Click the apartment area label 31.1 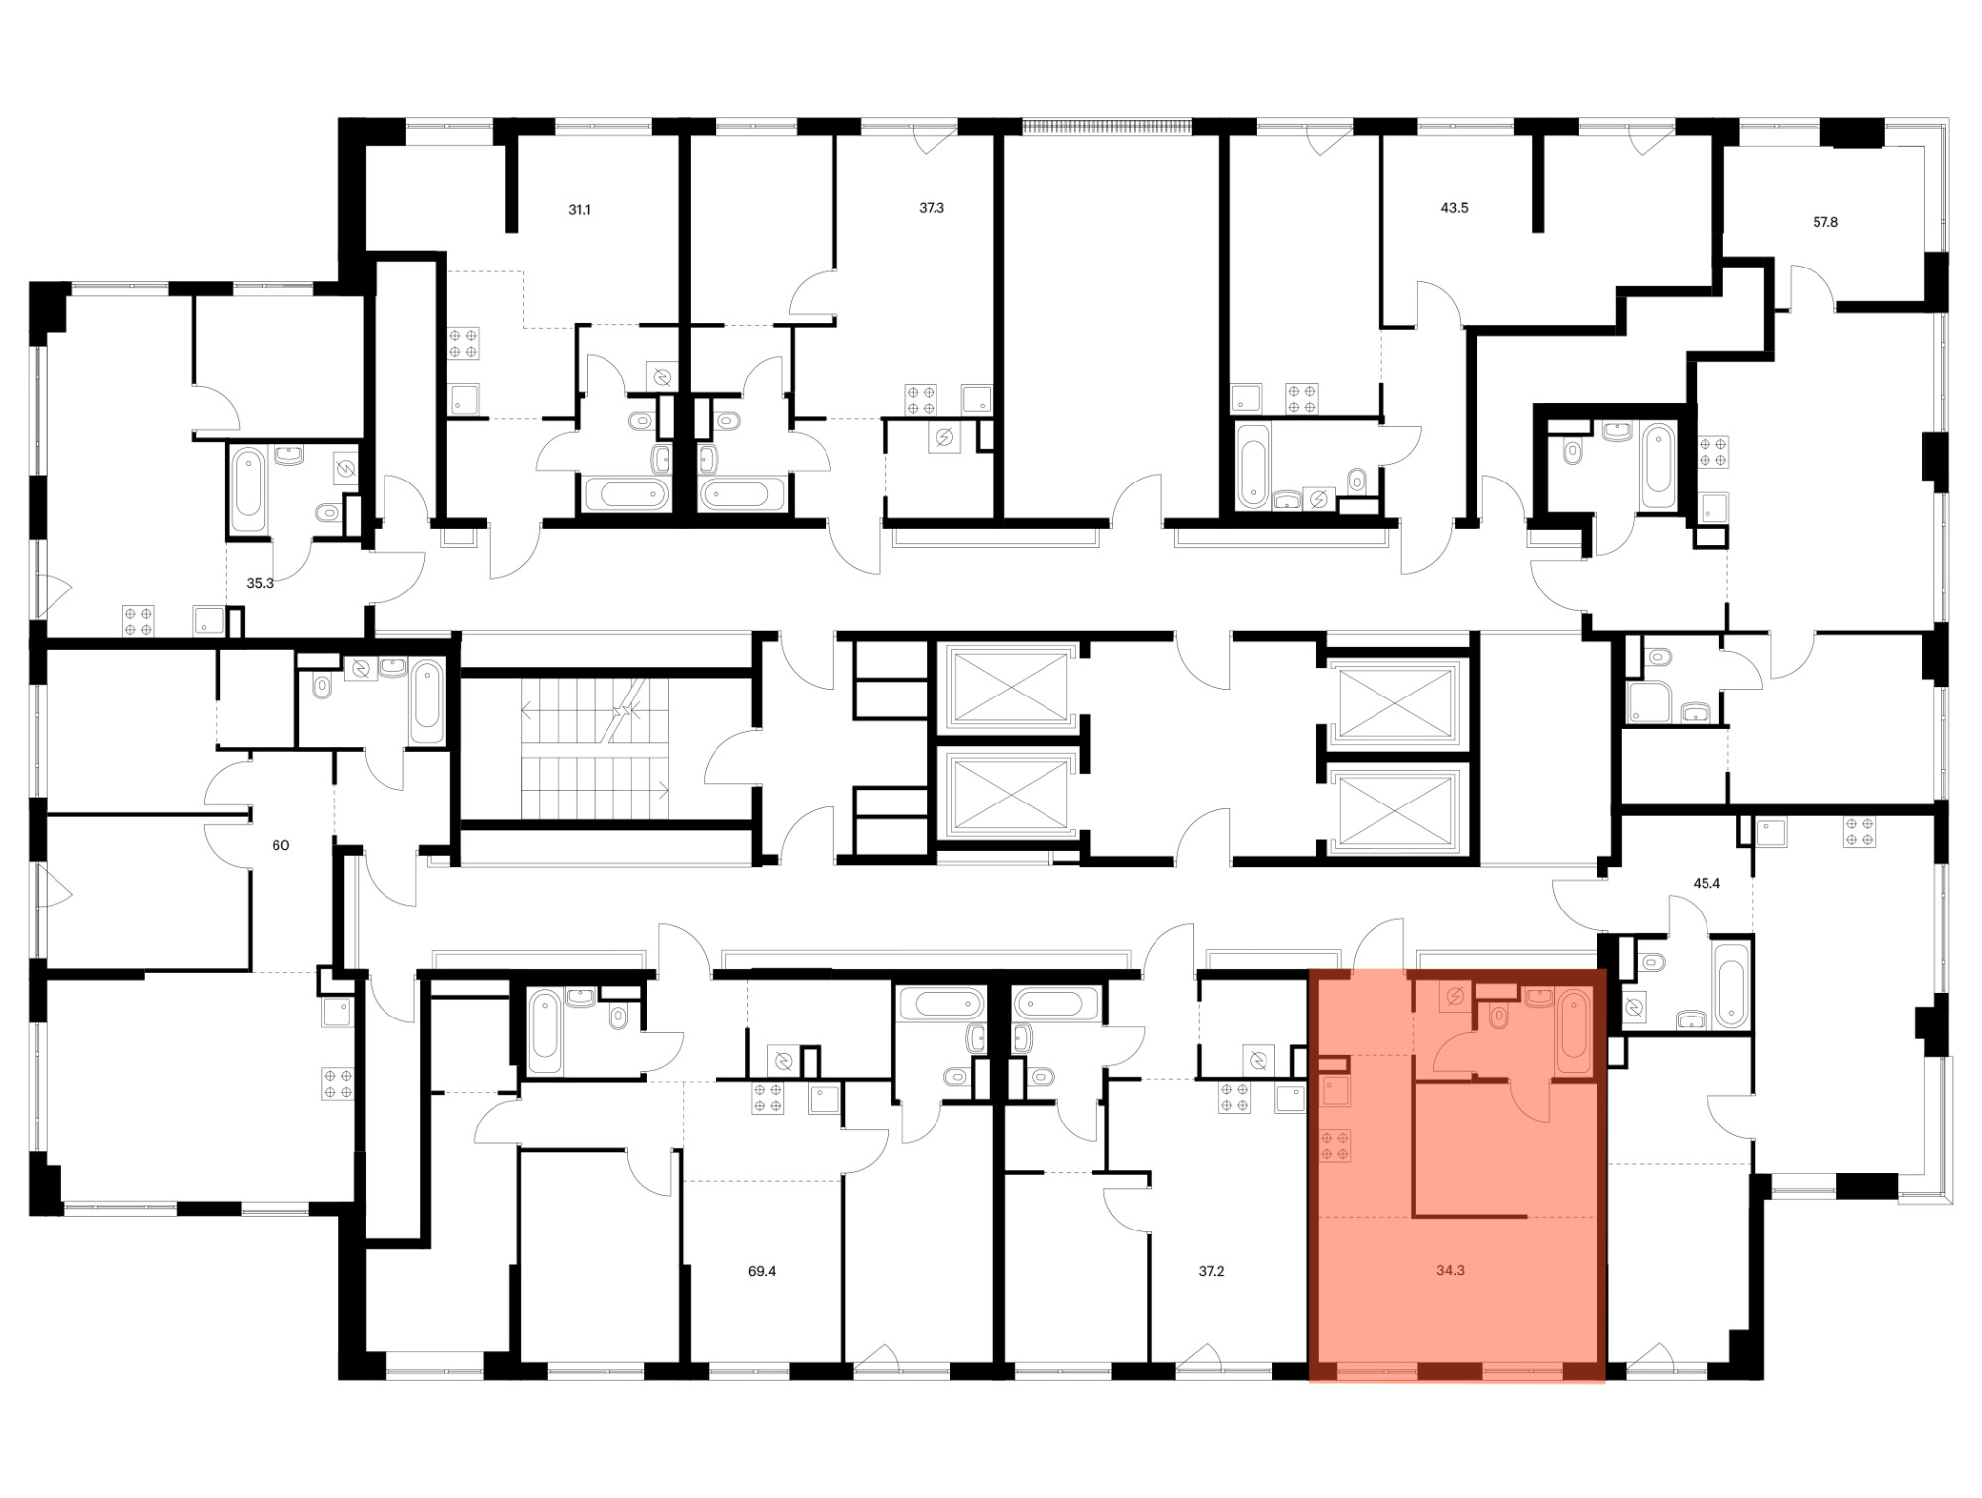click(x=579, y=210)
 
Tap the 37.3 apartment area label click(x=932, y=208)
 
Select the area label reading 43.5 click(x=1454, y=208)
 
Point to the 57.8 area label click(x=1825, y=222)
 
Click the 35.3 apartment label click(x=260, y=583)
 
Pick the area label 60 click(x=280, y=845)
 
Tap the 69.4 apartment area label click(x=762, y=1271)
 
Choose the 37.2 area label click(x=1211, y=1271)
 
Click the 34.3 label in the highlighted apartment click(x=1450, y=1270)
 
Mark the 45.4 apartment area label click(x=1707, y=883)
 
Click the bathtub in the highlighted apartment click(x=1573, y=1030)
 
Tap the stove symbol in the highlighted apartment click(x=1335, y=1146)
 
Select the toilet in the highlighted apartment click(x=1499, y=1016)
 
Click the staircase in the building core click(x=595, y=749)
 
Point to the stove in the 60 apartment click(x=337, y=1083)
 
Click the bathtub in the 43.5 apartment click(x=1253, y=465)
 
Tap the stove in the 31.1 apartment click(x=463, y=343)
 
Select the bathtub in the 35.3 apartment click(x=248, y=490)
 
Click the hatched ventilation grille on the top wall click(x=1106, y=127)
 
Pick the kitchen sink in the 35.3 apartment click(x=209, y=620)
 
